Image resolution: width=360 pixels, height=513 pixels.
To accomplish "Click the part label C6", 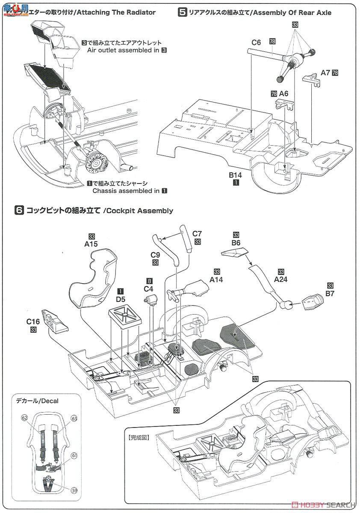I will [256, 42].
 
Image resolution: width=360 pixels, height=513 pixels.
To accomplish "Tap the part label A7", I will [325, 73].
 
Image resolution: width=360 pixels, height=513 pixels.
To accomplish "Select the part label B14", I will [236, 175].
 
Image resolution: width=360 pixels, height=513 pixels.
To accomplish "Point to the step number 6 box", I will [19, 210].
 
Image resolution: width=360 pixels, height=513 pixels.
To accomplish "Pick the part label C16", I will [35, 321].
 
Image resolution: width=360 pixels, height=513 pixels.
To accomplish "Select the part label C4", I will [148, 289].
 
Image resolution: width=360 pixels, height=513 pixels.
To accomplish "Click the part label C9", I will [155, 255].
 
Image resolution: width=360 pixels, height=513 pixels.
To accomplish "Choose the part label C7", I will [197, 234].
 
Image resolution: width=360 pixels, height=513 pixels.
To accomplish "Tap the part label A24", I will [281, 280].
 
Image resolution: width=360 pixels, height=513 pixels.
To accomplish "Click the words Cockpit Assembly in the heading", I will [139, 211].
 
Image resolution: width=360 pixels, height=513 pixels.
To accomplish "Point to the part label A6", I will [283, 93].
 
